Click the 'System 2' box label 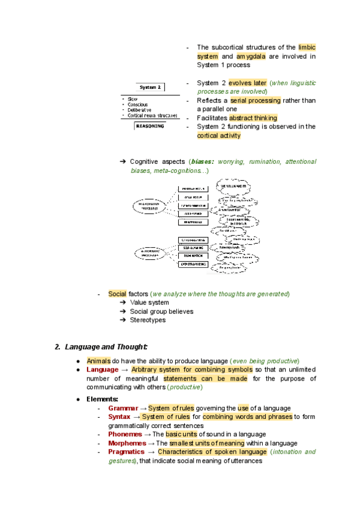point(151,87)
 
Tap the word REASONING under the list point(150,126)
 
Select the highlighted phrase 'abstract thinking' point(253,118)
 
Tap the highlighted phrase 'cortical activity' point(218,136)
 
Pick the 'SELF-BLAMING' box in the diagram point(193,247)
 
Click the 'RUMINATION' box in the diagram point(193,256)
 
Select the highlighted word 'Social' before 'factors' point(117,294)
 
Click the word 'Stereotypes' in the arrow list point(148,320)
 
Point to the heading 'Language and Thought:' point(106,347)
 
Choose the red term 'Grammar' point(123,408)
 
